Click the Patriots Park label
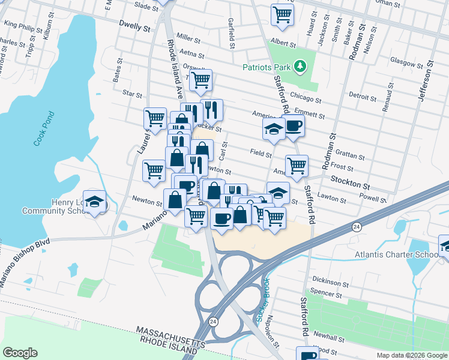tap(268, 67)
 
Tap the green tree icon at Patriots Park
tap(303, 66)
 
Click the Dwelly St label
tap(133, 27)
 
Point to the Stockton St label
tap(347, 179)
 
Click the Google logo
tap(20, 353)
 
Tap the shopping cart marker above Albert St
tap(283, 14)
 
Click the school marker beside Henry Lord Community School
tap(95, 202)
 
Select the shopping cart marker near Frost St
tap(297, 166)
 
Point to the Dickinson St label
tap(330, 281)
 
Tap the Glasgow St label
tap(406, 62)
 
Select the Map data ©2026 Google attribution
tap(411, 355)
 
